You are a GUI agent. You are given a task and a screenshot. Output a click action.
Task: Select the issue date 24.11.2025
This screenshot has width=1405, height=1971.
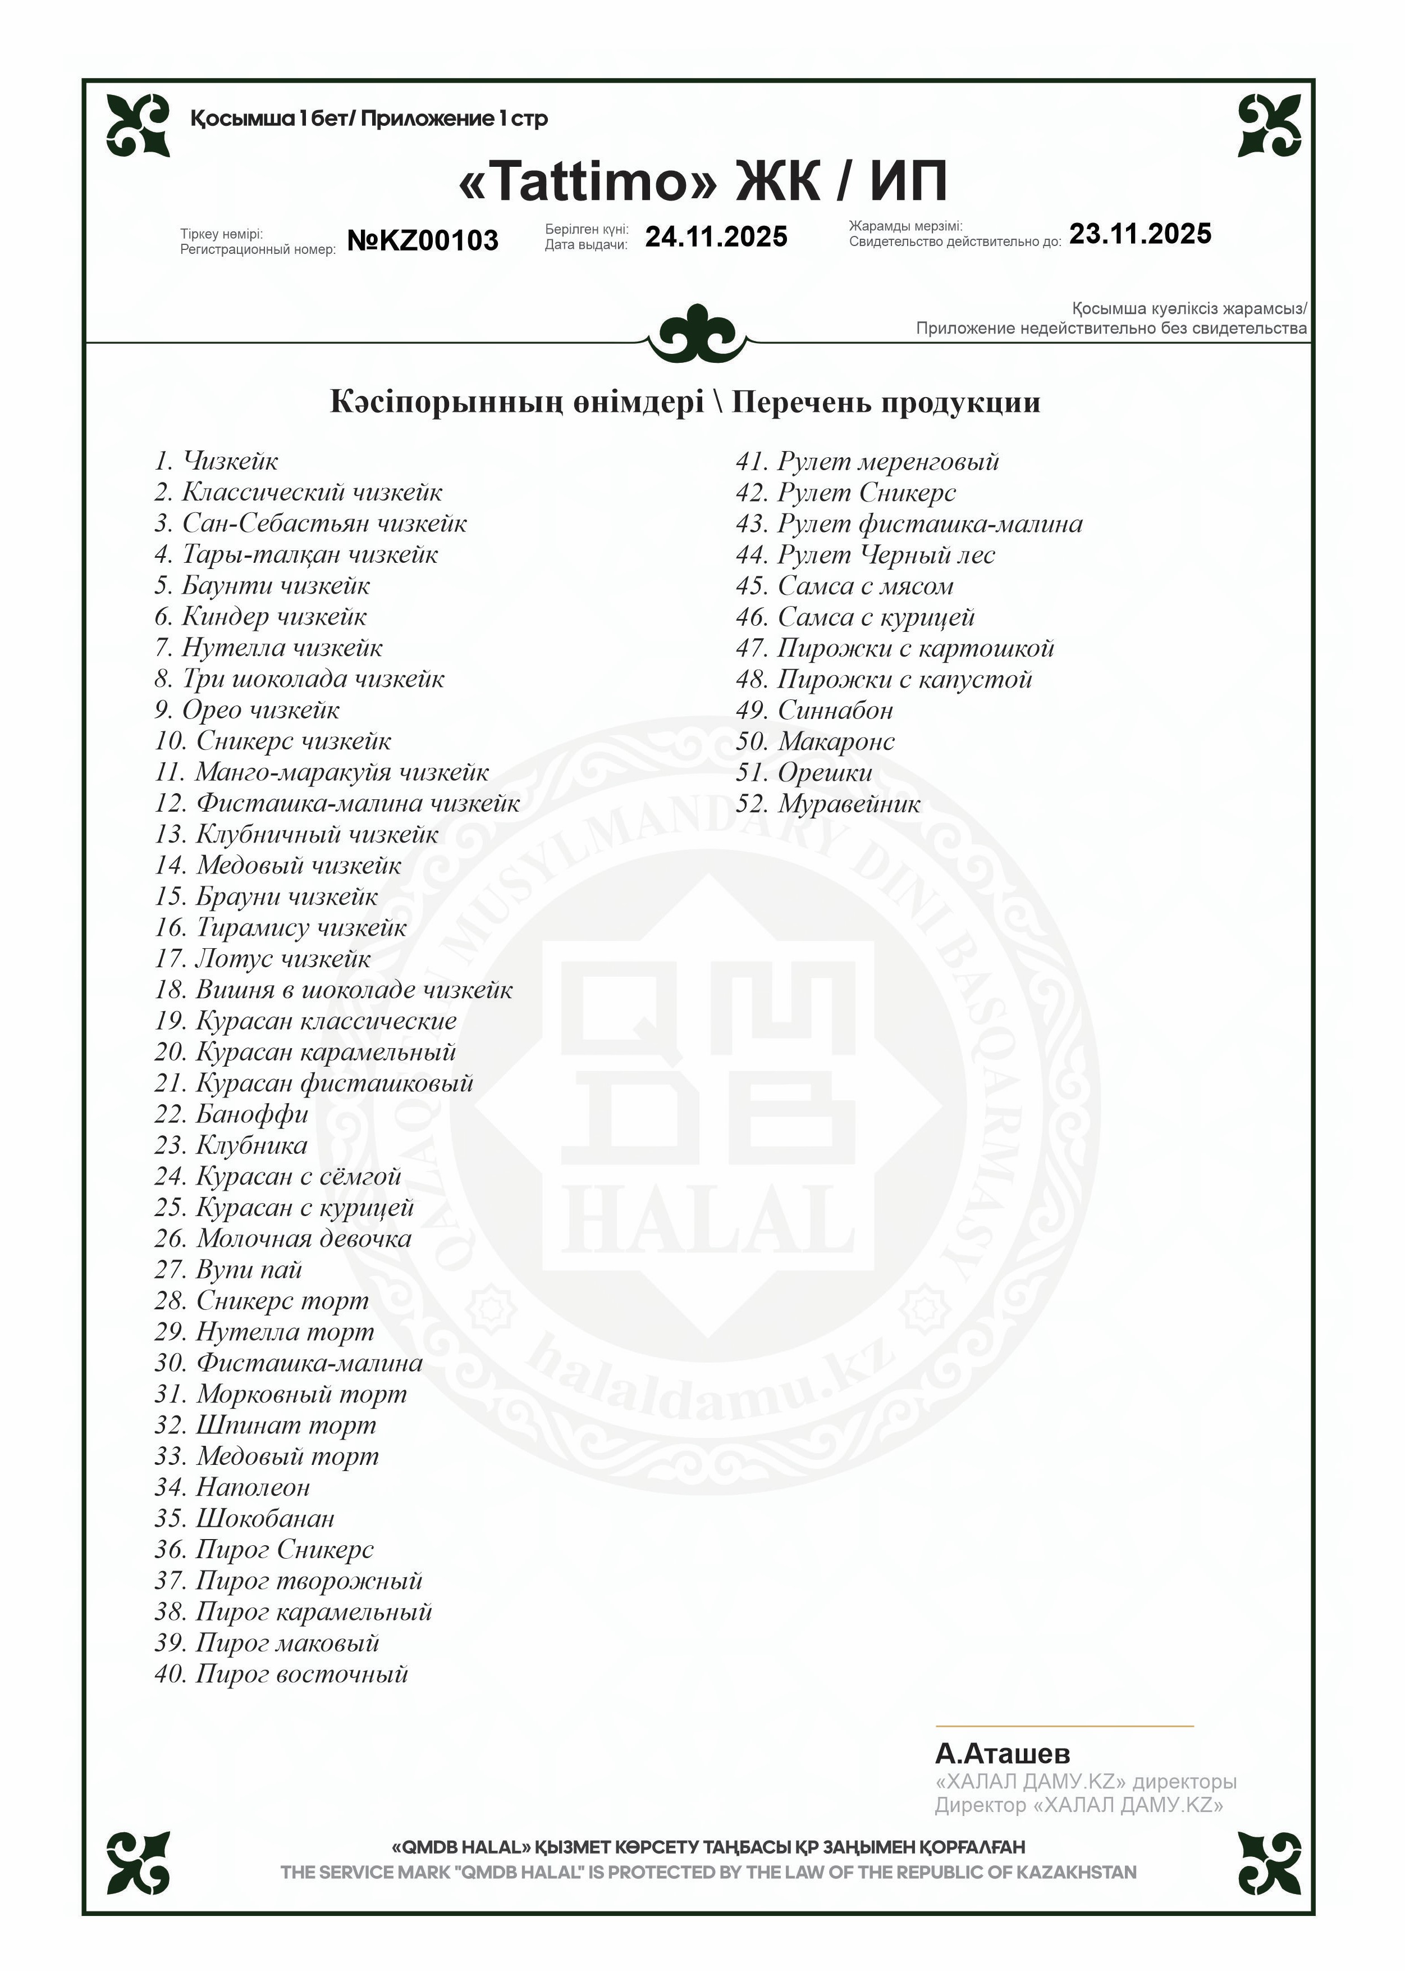716,237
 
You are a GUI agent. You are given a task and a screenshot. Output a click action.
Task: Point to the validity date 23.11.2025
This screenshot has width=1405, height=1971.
1140,234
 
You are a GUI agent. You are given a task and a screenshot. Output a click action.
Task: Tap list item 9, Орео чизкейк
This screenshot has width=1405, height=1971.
248,711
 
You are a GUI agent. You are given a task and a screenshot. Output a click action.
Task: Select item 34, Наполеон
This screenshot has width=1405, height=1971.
232,1488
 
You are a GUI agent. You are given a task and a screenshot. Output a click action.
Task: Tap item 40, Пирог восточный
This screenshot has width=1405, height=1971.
281,1674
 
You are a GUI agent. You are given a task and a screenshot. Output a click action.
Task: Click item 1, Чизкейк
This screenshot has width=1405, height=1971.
216,461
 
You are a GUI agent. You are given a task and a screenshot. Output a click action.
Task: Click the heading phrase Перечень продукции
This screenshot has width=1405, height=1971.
885,403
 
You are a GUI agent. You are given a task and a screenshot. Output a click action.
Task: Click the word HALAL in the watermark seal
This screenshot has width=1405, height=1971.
714,1221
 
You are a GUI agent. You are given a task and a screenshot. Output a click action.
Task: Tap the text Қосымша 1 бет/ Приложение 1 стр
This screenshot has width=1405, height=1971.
369,119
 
